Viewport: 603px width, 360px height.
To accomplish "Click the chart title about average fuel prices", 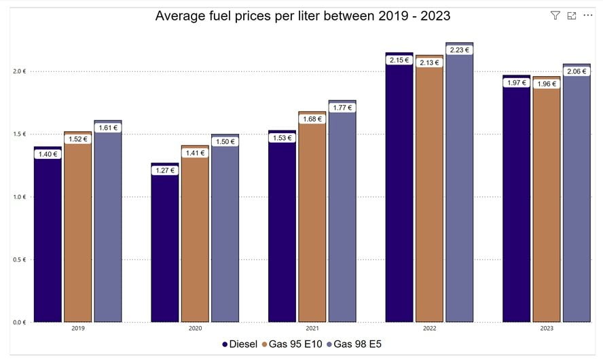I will click(302, 16).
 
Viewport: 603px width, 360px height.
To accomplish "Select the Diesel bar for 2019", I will click(48, 238).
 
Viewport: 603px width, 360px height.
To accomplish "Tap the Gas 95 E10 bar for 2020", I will click(195, 238).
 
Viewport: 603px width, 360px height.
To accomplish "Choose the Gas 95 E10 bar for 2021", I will click(312, 224).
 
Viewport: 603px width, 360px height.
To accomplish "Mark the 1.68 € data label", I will click(312, 120).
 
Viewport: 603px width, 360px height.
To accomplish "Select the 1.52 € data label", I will click(77, 139).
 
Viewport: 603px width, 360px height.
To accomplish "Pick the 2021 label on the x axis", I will click(312, 329).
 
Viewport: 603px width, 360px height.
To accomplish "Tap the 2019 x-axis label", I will click(78, 329).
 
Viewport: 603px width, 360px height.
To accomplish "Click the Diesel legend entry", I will click(240, 344).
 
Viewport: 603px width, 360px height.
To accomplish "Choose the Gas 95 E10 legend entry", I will click(293, 344).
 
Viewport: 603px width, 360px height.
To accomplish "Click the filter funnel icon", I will click(555, 16).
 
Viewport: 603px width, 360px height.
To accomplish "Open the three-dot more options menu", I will click(588, 16).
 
